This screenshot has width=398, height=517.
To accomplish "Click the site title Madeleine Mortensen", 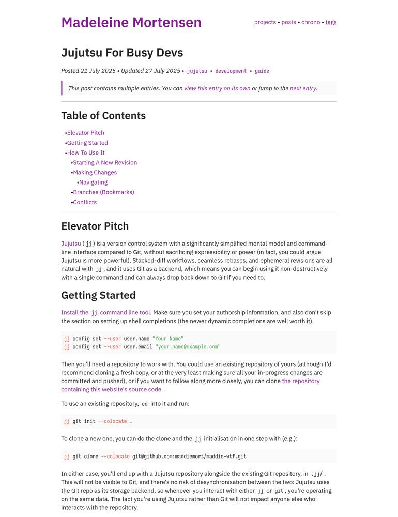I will [x=131, y=23].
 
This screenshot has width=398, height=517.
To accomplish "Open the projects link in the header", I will [x=265, y=22].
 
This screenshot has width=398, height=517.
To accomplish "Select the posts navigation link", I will [x=288, y=22].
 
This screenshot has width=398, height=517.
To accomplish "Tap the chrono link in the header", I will [x=311, y=22].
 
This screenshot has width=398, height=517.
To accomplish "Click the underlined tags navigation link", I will [x=331, y=22].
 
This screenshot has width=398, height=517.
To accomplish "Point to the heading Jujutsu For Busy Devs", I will [x=122, y=53].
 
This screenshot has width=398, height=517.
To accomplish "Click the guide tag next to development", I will [x=262, y=71].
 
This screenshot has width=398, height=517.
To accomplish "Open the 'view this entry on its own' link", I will [x=217, y=88].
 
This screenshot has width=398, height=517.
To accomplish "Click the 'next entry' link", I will [x=303, y=88].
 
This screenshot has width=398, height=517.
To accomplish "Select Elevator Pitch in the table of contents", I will [x=86, y=133].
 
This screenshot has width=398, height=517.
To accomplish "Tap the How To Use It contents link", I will [x=86, y=153].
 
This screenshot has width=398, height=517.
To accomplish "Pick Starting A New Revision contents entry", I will [x=105, y=162].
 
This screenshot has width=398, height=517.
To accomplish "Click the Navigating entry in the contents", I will [x=94, y=182].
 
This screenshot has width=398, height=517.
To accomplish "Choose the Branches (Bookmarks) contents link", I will [x=103, y=192].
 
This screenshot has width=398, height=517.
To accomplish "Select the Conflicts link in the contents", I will [x=85, y=202].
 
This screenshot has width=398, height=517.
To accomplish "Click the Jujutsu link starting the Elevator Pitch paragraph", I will [x=71, y=244].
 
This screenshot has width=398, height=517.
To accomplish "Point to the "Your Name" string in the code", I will [x=168, y=339].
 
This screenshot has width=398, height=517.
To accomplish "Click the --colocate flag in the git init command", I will [x=112, y=421].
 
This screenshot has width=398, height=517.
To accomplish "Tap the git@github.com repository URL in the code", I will [x=189, y=457].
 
